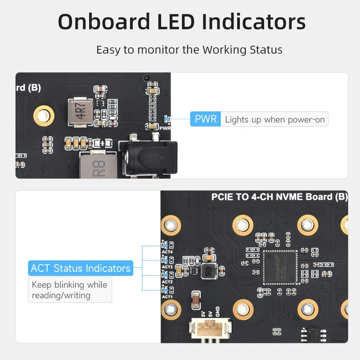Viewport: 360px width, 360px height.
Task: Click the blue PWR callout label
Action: tap(205, 119)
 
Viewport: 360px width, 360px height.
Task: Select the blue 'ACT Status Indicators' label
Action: tap(81, 268)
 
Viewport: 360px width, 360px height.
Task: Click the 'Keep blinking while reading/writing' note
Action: tap(70, 290)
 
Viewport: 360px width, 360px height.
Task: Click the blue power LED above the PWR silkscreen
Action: tap(166, 119)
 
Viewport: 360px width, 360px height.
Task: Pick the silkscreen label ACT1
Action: tap(167, 297)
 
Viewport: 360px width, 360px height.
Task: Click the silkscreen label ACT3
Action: tap(167, 267)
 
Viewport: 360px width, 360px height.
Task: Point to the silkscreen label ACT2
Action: tap(167, 282)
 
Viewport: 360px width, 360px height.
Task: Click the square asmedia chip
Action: tap(280, 267)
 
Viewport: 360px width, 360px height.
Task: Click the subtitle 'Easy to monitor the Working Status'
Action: tap(189, 49)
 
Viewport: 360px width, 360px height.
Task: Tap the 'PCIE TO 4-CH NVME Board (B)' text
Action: tap(279, 197)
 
